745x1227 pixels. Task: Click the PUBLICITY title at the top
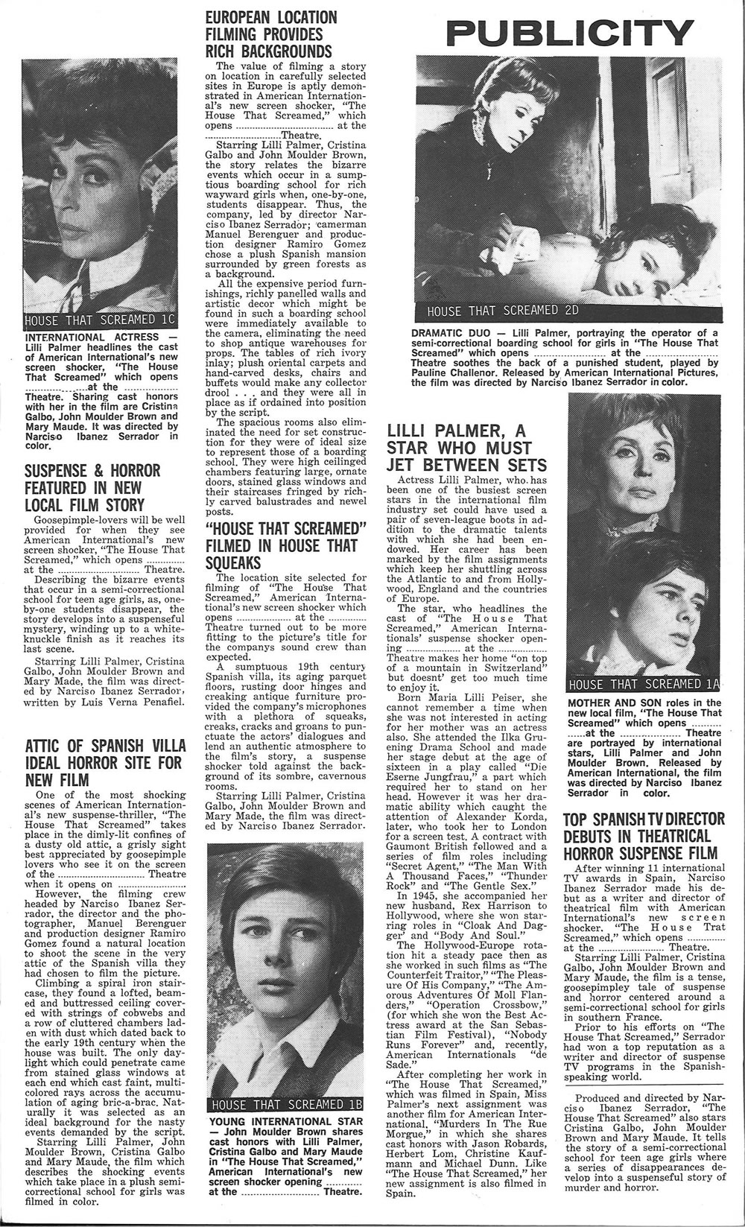[x=570, y=34]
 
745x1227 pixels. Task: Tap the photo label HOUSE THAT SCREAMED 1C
[x=99, y=320]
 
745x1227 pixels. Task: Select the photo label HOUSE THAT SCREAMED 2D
[x=502, y=310]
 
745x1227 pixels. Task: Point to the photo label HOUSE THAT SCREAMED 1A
[x=644, y=684]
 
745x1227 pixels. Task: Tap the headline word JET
[x=403, y=466]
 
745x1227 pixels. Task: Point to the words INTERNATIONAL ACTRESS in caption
[x=92, y=337]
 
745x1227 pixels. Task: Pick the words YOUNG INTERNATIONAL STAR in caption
[x=286, y=1121]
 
